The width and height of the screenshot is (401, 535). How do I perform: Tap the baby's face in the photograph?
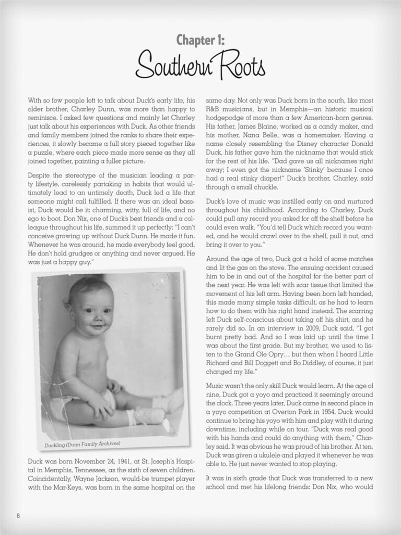coord(94,308)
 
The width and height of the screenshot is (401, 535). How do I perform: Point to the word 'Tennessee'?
coord(87,471)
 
